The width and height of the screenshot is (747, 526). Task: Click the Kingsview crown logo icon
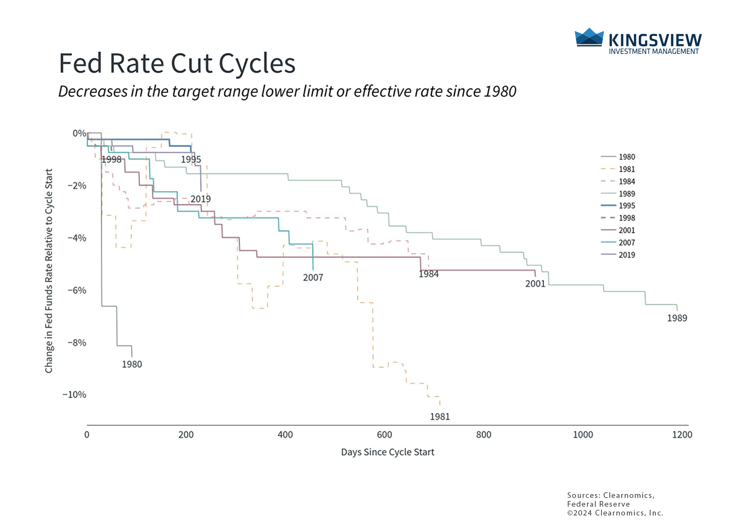tap(589, 37)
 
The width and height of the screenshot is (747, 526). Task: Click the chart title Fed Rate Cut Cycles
tap(177, 64)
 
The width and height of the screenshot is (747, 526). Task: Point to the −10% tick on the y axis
tap(75, 394)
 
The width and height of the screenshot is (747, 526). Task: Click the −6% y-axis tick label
tap(77, 290)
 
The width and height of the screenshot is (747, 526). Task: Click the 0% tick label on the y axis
tap(79, 133)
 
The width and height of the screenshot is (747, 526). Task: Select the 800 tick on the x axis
tap(484, 435)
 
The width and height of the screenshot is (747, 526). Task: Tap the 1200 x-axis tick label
tap(682, 435)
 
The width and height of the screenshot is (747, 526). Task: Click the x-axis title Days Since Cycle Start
tap(388, 452)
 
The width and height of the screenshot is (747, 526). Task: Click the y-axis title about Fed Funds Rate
tap(49, 271)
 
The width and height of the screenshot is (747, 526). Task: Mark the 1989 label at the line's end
tap(677, 318)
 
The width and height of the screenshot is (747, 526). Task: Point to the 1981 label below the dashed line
tap(440, 417)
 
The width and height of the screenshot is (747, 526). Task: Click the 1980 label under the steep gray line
tap(132, 364)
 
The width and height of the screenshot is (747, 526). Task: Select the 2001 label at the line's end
tap(535, 284)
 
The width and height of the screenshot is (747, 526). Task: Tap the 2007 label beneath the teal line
tap(313, 277)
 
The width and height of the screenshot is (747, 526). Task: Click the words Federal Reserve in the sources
tap(598, 504)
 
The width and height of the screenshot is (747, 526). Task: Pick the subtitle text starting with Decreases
tap(287, 92)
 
